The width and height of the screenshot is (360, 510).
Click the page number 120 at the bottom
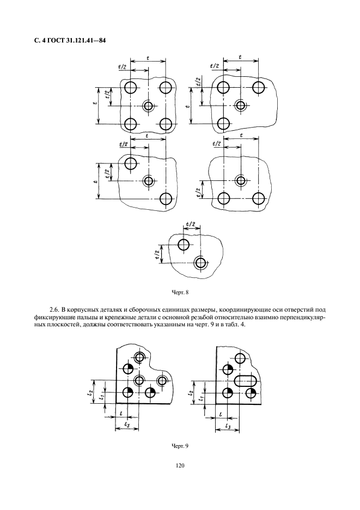pyautogui.click(x=180, y=466)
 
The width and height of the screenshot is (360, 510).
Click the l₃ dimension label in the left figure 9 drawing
pyautogui.click(x=127, y=423)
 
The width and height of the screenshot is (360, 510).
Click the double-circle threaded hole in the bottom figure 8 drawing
pyautogui.click(x=201, y=264)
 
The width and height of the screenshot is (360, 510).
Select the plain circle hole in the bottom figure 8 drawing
pyautogui.click(x=184, y=245)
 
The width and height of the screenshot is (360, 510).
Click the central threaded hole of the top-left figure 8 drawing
pyautogui.click(x=148, y=106)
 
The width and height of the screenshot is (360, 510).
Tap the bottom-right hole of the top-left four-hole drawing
pyautogui.click(x=166, y=124)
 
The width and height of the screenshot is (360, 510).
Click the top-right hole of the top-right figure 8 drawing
pyautogui.click(x=259, y=87)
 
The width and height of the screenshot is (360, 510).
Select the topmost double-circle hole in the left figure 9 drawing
pyautogui.click(x=139, y=357)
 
